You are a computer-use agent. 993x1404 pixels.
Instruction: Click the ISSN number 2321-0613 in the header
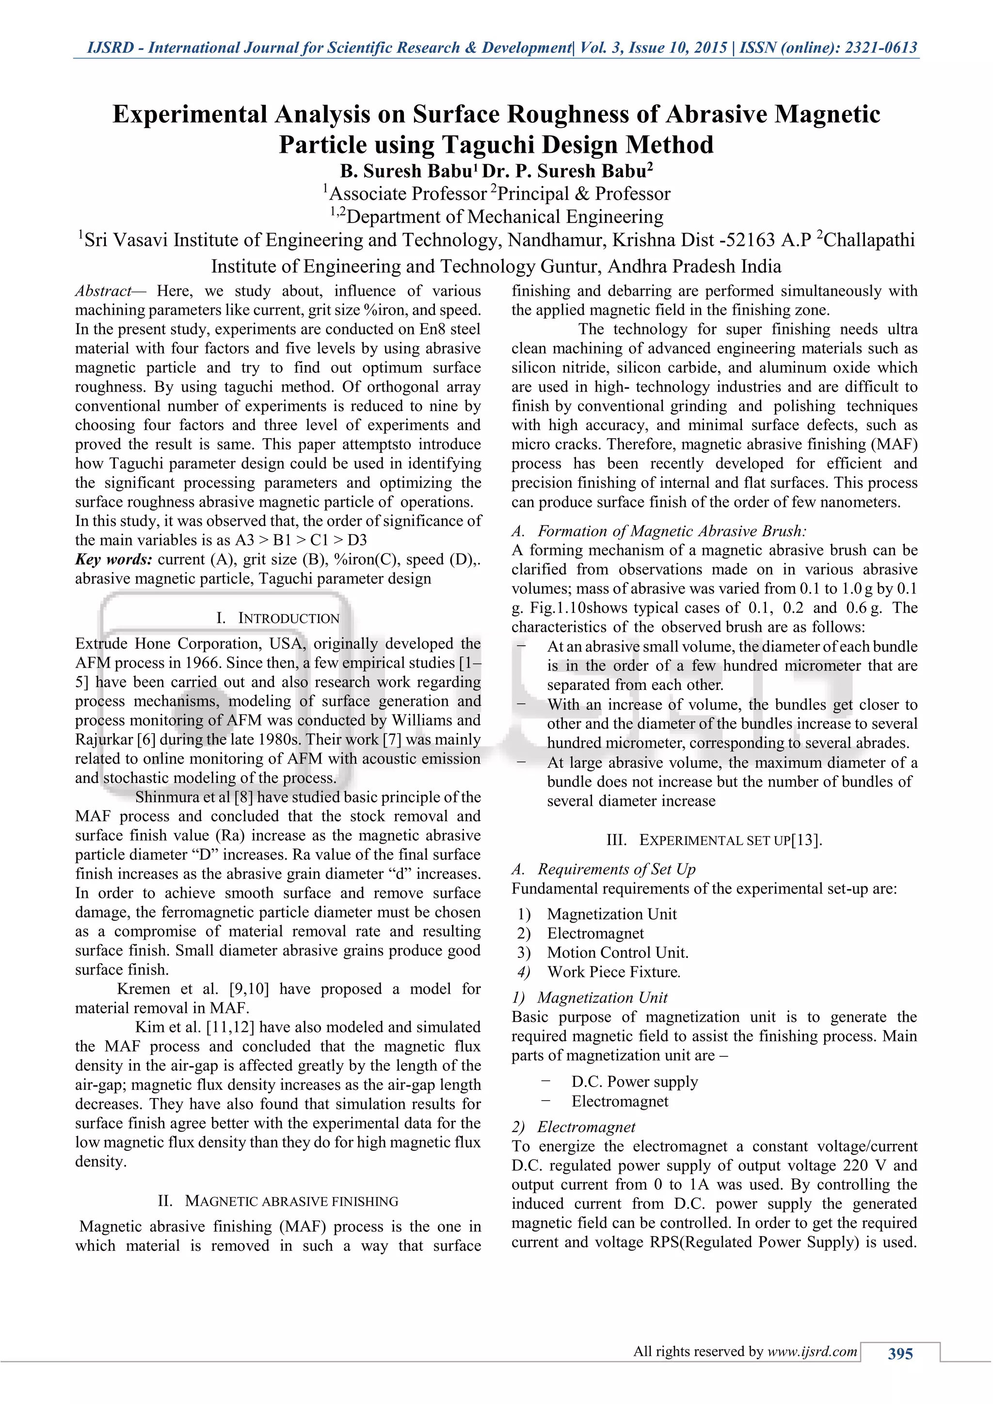click(881, 48)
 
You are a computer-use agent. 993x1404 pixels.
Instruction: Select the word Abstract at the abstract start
click(103, 291)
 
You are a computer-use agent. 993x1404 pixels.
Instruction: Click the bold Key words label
click(114, 559)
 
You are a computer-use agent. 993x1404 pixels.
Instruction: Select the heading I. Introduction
click(278, 618)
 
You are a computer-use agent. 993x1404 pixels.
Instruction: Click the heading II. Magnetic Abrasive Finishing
click(278, 1201)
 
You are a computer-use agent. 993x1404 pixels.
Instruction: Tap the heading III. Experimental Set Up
click(714, 840)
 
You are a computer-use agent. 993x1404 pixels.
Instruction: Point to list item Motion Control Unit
click(618, 953)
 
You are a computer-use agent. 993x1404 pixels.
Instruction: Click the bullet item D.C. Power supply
click(634, 1082)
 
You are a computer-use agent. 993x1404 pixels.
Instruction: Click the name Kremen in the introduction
click(145, 989)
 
